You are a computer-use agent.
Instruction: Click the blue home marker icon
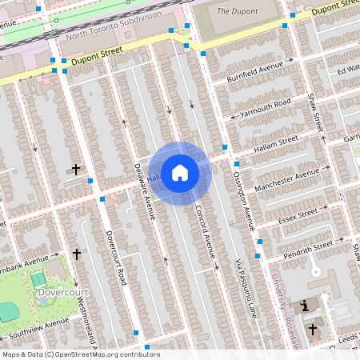tap(180, 172)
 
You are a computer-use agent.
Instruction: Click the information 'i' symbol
tap(304, 306)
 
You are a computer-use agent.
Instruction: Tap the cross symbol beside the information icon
tap(313, 329)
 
